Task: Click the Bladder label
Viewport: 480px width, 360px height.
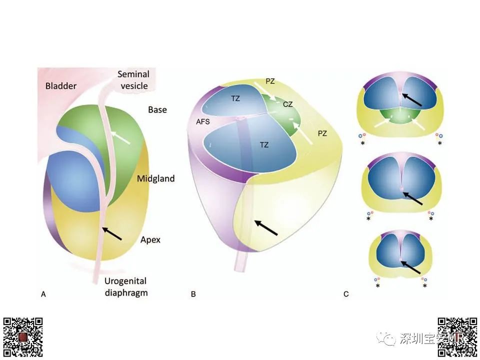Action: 61,86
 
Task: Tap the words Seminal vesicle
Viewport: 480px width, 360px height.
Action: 134,80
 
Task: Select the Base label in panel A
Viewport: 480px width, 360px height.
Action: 157,109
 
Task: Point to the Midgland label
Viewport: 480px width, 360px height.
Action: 156,178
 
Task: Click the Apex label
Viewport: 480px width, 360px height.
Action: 150,239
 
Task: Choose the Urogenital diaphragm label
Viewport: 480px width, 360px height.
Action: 126,287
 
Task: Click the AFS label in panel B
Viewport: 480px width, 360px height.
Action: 203,121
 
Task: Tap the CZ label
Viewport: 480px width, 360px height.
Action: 288,104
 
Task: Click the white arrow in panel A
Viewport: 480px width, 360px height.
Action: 120,137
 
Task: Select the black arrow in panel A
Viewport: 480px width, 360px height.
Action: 112,233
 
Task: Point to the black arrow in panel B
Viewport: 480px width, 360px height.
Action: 266,227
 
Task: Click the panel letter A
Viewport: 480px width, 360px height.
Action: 43,294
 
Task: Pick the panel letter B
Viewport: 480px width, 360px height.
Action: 193,294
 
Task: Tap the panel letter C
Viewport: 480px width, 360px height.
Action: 346,294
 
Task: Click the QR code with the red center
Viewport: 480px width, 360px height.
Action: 23,337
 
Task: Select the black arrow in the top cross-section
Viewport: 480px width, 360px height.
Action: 412,99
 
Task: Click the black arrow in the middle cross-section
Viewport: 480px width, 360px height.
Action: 413,198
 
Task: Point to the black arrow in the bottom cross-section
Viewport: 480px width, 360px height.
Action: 411,267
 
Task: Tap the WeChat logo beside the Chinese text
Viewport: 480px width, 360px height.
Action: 386,338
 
